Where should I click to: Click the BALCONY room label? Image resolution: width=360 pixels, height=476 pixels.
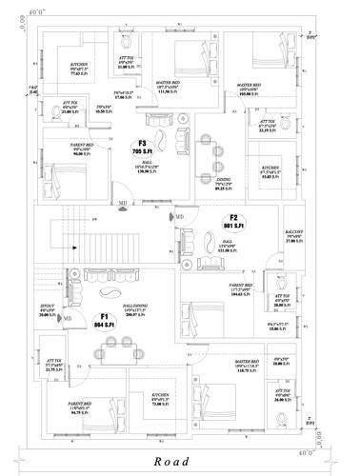point(293,239)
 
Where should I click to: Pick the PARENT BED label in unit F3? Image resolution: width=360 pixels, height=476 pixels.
point(59,149)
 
